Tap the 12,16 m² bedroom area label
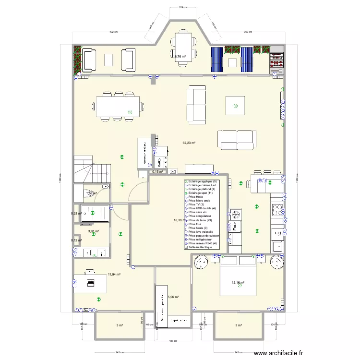(x=238, y=283)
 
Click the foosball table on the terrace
(x=276, y=60)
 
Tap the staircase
(x=87, y=170)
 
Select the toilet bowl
(x=88, y=193)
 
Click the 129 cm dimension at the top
(x=181, y=8)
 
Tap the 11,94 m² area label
(x=114, y=275)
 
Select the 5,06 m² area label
(x=173, y=297)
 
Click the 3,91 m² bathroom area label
(x=93, y=231)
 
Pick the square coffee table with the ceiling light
(x=235, y=105)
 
